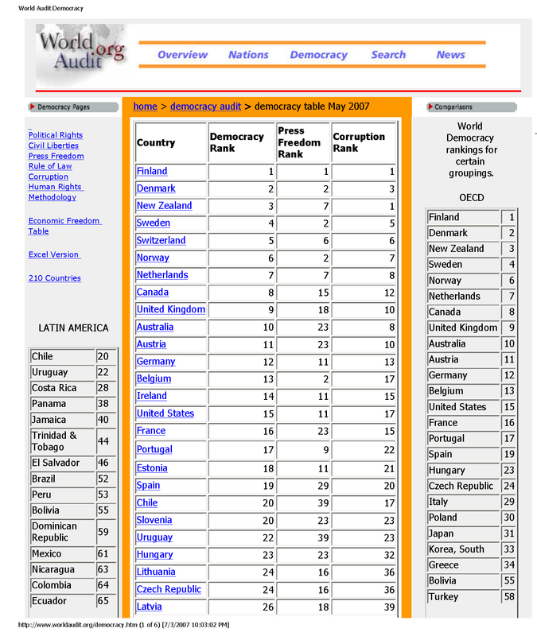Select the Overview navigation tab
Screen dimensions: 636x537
click(x=182, y=55)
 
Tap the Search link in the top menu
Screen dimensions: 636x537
click(x=388, y=55)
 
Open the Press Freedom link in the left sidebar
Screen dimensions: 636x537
click(x=56, y=156)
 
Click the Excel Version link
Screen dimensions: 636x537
click(x=54, y=254)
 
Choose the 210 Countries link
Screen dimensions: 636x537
click(x=54, y=278)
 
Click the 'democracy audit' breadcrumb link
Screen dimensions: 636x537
click(x=205, y=106)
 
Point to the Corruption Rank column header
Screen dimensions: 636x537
click(x=358, y=142)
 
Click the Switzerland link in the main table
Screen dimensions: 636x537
click(x=161, y=240)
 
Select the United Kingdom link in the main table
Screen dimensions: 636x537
click(x=170, y=309)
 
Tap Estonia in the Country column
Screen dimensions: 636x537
click(x=151, y=468)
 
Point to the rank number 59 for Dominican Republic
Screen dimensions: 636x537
click(x=103, y=532)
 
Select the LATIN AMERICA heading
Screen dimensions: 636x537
click(x=73, y=328)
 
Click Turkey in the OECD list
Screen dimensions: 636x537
click(x=443, y=596)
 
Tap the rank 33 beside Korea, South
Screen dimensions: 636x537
click(x=509, y=549)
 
